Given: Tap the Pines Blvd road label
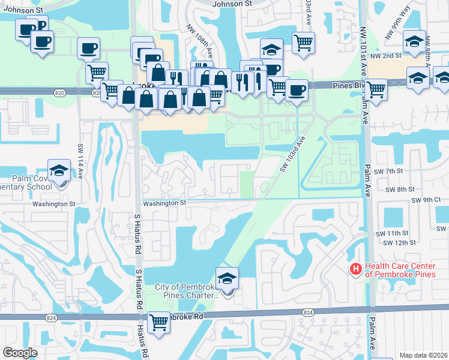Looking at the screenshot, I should (x=348, y=86).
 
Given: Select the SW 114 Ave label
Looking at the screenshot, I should (x=80, y=161).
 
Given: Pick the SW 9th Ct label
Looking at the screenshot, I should (x=427, y=200).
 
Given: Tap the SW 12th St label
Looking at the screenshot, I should (x=396, y=242).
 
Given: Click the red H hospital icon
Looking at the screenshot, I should (x=356, y=269).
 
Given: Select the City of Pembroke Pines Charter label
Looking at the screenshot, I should (x=187, y=291).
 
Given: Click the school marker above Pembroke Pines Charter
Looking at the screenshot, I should (x=227, y=280).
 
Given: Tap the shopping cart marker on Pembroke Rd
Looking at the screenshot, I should (x=159, y=323).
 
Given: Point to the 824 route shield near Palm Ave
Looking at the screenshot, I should (x=308, y=313).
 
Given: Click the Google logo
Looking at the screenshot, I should (x=20, y=353).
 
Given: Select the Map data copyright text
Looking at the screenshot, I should (x=423, y=355).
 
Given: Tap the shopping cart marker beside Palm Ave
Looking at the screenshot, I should (x=376, y=90).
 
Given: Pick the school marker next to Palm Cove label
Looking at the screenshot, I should (x=59, y=170).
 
